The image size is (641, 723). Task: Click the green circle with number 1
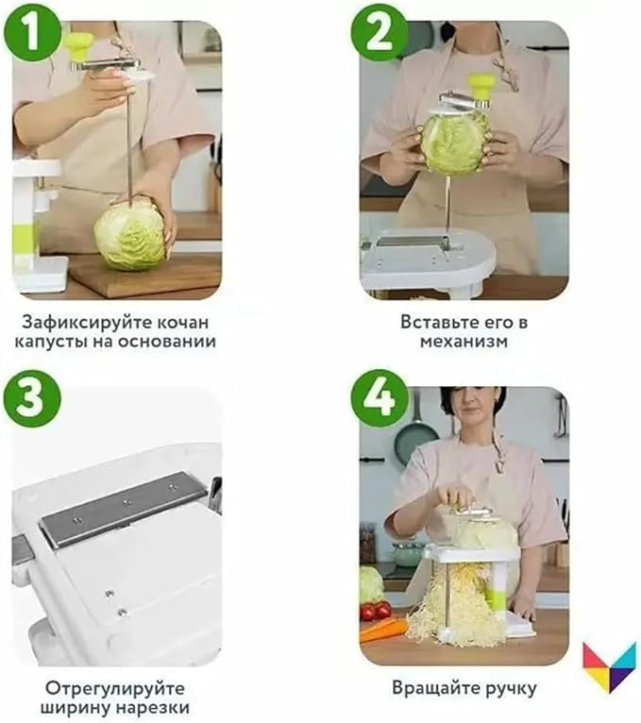point(31,32)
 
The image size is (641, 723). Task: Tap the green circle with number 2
point(380,32)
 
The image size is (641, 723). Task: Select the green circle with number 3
point(31,398)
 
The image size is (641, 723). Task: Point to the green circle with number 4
point(380,398)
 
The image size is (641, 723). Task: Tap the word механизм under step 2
point(464,342)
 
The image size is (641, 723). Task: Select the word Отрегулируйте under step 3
point(115,689)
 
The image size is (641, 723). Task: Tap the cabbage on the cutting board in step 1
point(130,234)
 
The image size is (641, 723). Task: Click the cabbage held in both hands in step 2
point(455,143)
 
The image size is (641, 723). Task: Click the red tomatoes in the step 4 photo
point(376,611)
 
